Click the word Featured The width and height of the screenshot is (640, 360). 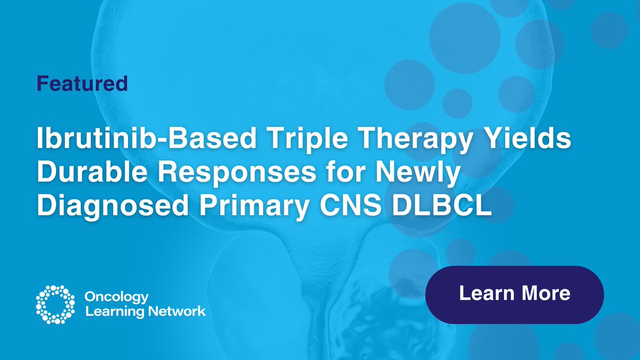[82, 83]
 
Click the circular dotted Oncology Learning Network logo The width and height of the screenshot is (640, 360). [54, 305]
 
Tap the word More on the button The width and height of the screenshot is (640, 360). [545, 293]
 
